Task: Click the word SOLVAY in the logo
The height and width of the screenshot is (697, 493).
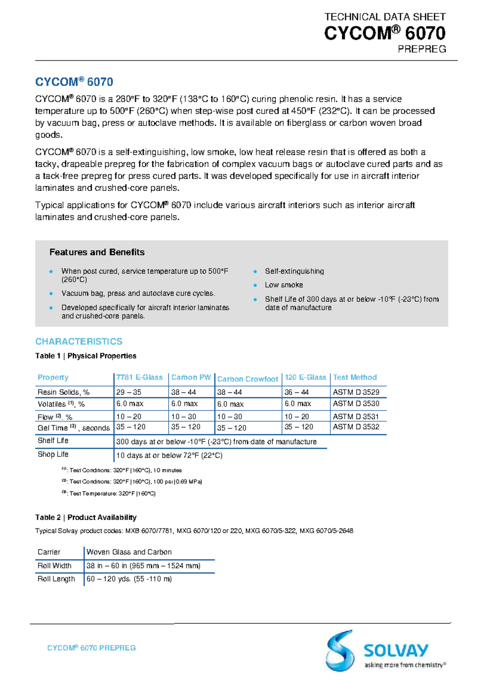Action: point(396,651)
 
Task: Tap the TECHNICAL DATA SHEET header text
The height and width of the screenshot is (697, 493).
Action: point(385,17)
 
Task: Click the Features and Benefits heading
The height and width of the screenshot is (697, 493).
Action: point(97,252)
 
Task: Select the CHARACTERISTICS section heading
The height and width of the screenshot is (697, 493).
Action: point(79,342)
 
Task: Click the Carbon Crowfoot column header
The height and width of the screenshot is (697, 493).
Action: point(247,379)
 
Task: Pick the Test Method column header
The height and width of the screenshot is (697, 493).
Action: point(355,377)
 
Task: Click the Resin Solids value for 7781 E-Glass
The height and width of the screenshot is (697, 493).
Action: point(129,392)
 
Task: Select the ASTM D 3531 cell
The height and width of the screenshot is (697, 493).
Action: point(356,416)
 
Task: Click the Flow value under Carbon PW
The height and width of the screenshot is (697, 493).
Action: point(184,416)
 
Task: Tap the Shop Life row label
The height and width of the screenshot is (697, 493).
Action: point(53,454)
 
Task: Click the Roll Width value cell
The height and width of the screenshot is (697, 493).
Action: point(143,566)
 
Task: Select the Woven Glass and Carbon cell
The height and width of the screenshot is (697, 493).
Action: point(129,552)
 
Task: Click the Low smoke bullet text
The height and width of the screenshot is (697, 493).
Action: point(284,285)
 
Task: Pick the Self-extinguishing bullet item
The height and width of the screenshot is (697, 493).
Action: point(294,271)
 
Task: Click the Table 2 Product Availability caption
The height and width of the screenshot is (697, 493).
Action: point(86,517)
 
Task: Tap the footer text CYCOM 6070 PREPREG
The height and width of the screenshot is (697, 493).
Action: point(91,648)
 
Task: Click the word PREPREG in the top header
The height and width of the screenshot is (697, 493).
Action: point(422,49)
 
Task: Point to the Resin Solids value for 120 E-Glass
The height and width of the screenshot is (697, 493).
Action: point(297,392)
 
